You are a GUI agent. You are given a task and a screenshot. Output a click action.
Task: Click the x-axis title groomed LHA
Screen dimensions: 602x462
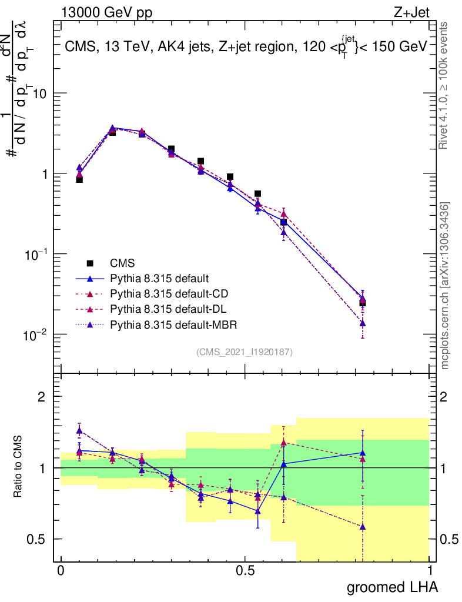coord(393,587)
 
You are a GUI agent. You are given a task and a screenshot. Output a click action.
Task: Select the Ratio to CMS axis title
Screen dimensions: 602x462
coord(18,467)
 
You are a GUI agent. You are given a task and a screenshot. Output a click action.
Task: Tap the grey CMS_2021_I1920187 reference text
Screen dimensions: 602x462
coord(245,352)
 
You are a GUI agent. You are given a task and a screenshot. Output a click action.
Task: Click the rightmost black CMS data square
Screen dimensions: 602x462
coord(363,303)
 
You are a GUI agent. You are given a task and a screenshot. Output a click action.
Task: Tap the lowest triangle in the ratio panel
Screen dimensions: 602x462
coord(363,527)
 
